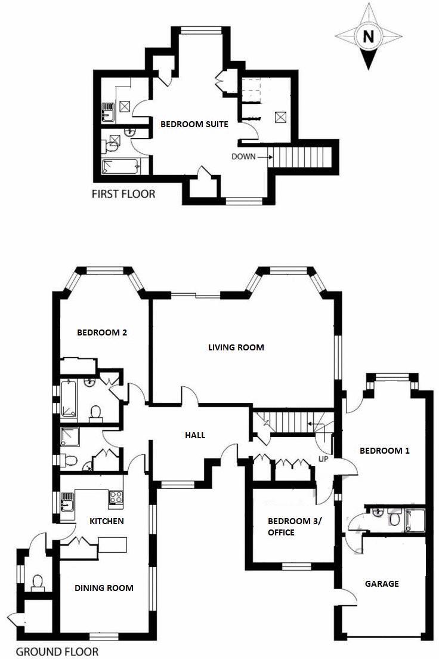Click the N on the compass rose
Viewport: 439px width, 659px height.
tap(369, 37)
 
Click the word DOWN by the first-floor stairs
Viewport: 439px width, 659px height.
tap(245, 157)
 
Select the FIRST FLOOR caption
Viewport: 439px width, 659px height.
tap(123, 193)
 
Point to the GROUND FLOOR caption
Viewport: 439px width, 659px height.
tap(57, 651)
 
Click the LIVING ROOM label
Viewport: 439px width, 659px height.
tap(236, 347)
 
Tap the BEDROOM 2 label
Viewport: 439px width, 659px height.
tap(102, 333)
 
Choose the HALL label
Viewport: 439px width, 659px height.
tap(195, 435)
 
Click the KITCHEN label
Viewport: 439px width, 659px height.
tap(106, 521)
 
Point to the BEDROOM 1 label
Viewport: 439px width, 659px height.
tap(384, 451)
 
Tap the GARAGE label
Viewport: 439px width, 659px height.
tap(382, 583)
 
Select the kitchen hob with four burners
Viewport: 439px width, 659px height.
tap(115, 497)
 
